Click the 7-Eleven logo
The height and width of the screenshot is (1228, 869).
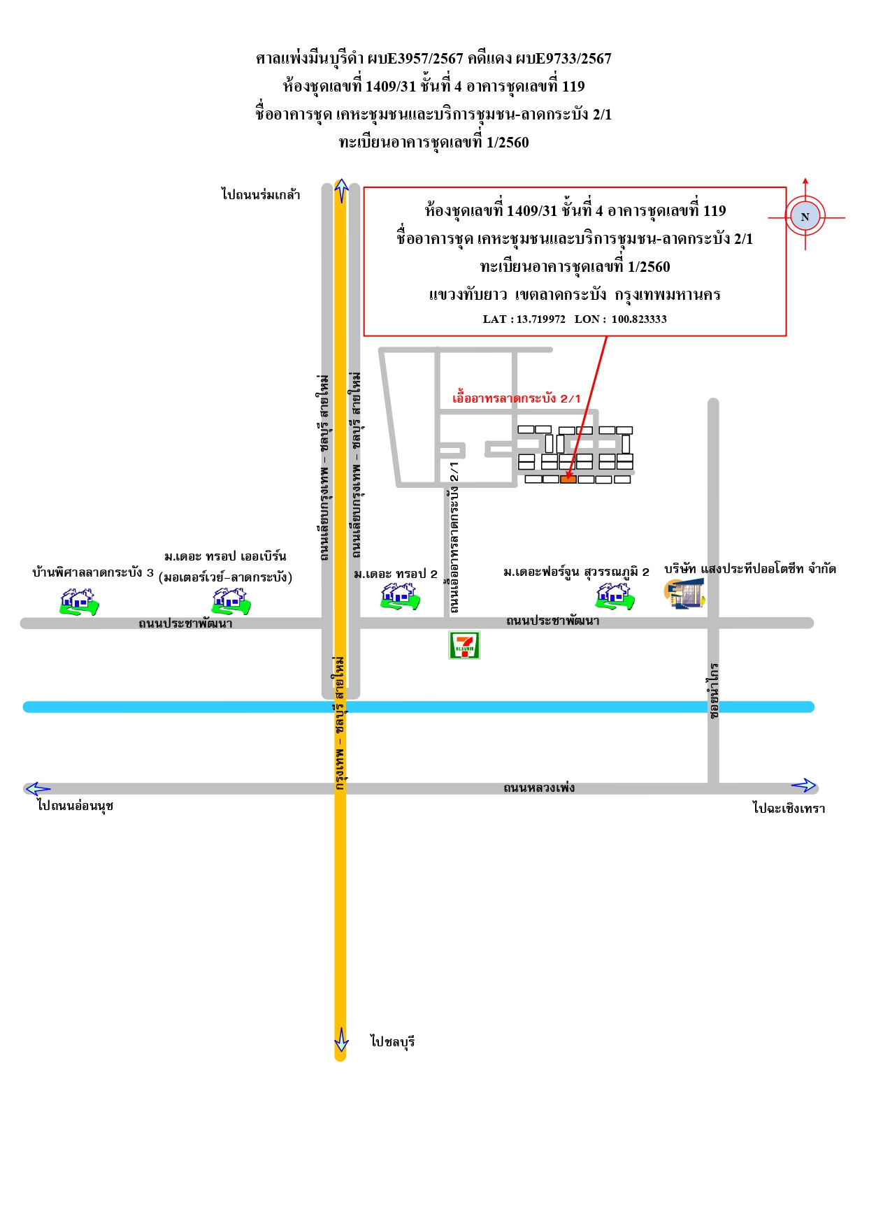[x=464, y=645]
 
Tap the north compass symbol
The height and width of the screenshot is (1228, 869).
[x=805, y=217]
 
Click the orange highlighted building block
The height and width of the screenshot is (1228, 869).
[x=568, y=479]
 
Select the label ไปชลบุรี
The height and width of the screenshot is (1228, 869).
[x=393, y=1041]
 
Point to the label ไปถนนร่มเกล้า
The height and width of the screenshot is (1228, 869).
[x=261, y=194]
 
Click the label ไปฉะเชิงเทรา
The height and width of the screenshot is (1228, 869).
[x=789, y=808]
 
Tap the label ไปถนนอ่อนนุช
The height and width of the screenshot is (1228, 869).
[x=76, y=806]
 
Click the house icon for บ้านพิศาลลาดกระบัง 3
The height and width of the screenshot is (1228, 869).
[x=79, y=601]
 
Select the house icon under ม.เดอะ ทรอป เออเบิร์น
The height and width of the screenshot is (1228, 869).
[x=231, y=600]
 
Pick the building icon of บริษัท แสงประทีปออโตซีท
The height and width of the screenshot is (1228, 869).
[x=684, y=594]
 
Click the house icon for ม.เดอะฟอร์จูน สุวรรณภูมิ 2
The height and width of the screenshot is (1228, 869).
[x=615, y=596]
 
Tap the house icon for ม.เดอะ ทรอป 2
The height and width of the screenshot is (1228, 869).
[x=400, y=596]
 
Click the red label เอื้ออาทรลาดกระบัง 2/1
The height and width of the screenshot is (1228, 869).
[x=517, y=398]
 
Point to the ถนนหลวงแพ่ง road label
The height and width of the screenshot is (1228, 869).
[x=539, y=788]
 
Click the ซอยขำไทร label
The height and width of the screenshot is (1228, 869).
[x=713, y=691]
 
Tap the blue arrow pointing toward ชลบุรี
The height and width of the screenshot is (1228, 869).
[x=341, y=1039]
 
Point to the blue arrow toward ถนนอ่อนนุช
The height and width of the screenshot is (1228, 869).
[x=38, y=789]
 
